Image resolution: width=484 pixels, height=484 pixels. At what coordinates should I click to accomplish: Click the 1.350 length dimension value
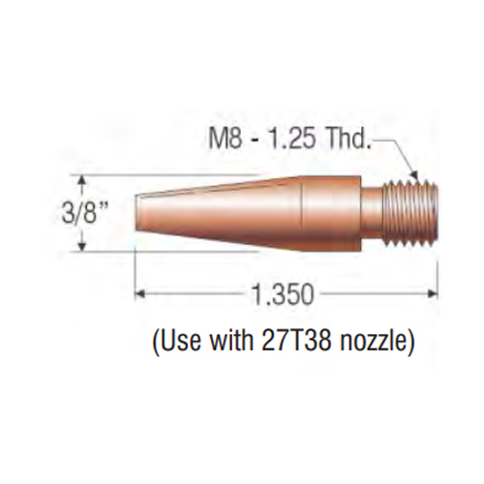(x=283, y=294)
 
